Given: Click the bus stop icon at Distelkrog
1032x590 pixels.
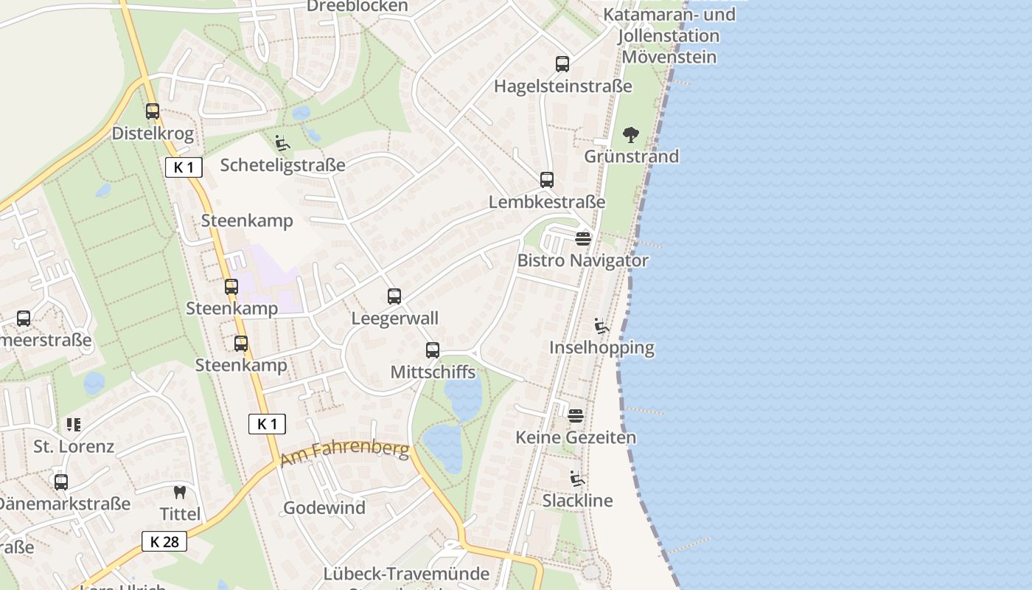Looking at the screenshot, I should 153,111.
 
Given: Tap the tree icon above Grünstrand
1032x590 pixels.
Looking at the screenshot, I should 630,135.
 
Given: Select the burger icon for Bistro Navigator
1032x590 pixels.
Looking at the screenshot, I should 583,238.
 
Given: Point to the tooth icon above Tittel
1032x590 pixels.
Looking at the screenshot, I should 180,492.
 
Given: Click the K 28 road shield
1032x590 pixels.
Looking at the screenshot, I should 164,542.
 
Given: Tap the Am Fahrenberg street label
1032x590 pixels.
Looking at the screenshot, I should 344,452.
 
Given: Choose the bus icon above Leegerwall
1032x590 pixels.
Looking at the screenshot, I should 394,296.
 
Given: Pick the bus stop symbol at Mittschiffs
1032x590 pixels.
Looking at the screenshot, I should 433,350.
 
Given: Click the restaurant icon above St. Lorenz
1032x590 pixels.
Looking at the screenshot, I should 74,425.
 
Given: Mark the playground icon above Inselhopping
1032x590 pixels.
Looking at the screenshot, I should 602,325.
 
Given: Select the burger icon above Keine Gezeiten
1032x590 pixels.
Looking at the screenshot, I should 576,415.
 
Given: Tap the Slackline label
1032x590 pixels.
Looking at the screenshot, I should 577,501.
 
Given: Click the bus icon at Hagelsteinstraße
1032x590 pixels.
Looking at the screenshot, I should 562,64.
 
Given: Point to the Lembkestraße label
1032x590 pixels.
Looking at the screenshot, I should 546,202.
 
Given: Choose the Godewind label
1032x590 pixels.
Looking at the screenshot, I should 324,508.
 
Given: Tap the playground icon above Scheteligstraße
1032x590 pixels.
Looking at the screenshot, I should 282,143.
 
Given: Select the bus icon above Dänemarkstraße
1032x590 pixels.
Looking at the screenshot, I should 61,482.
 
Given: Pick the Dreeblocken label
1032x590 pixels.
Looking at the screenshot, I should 357,7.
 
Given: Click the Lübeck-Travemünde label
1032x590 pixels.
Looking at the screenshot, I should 406,574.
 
